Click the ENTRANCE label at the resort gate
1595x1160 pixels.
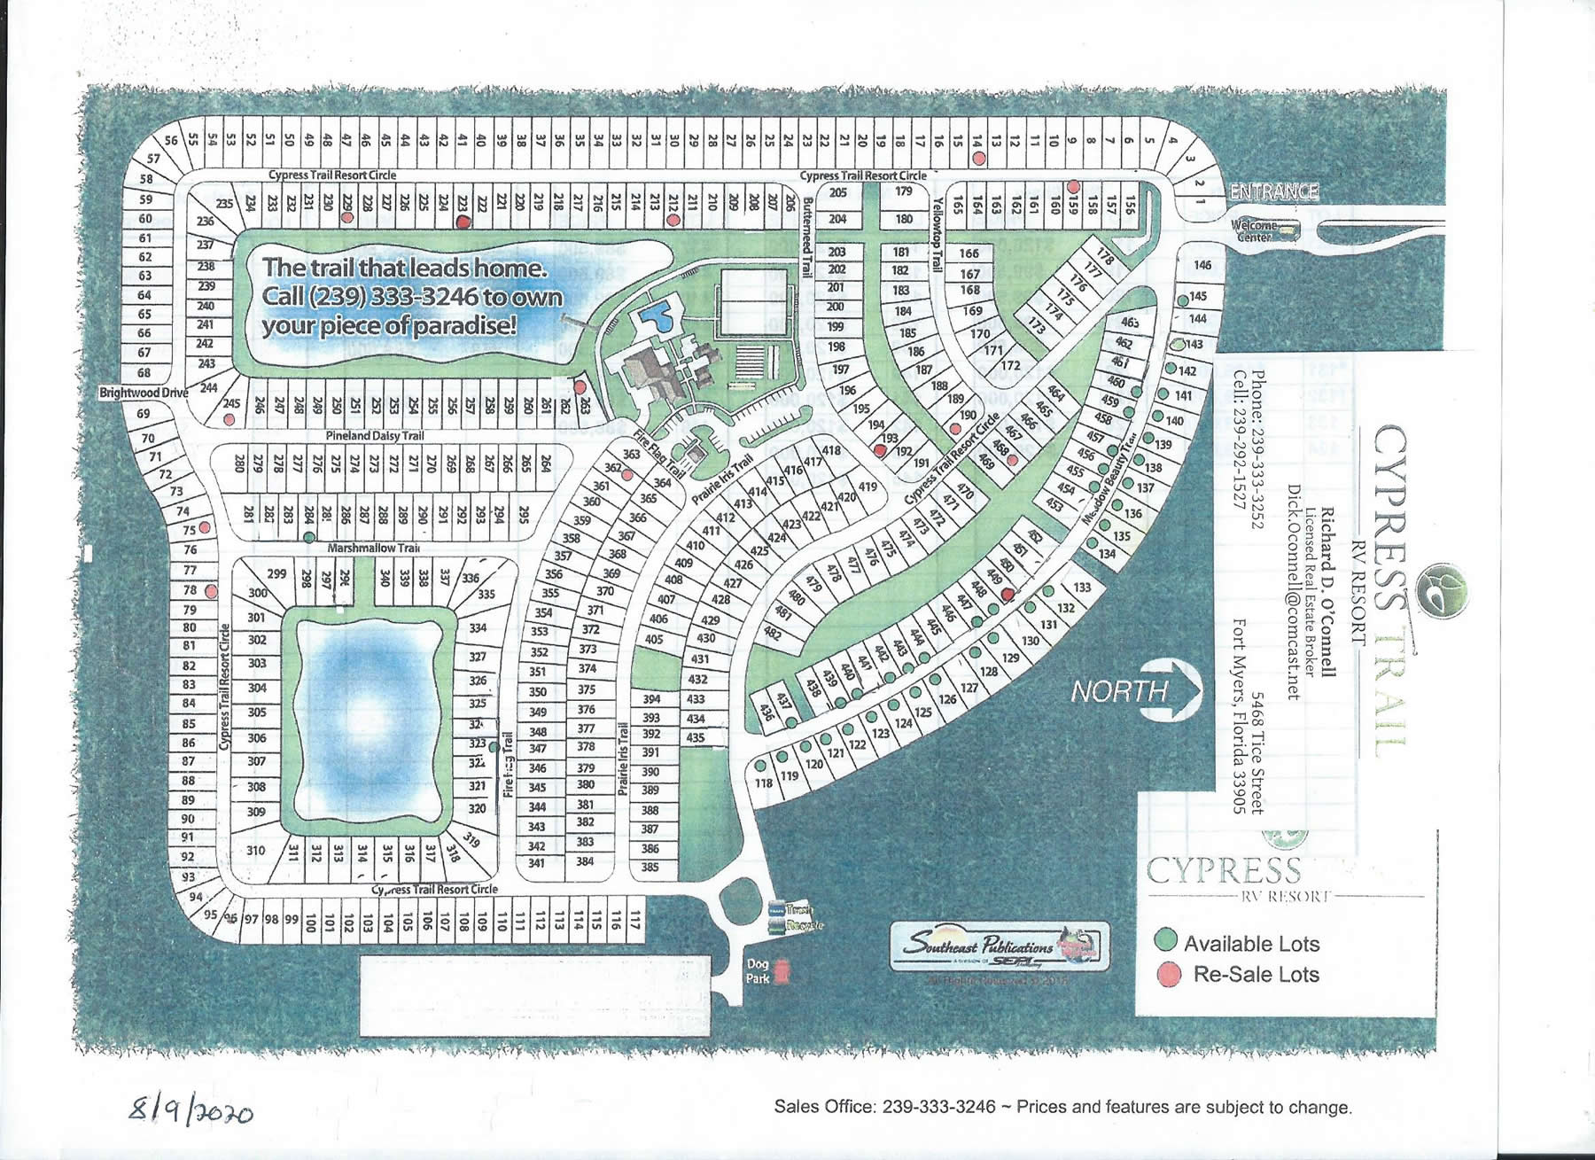[x=1274, y=191]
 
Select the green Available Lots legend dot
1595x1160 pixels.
[x=1167, y=940]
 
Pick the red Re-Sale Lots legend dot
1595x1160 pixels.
[x=1170, y=974]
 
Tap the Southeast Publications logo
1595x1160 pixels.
[x=1000, y=948]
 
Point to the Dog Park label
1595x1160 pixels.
[x=757, y=972]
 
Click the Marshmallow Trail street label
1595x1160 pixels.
[x=373, y=549]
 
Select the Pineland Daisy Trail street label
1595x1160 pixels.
[x=374, y=436]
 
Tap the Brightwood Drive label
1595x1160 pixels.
[x=142, y=392]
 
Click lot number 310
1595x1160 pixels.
[x=255, y=851]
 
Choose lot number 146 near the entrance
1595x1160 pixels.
[x=1202, y=265]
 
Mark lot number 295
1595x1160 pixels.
[x=524, y=515]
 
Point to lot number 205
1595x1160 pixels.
[x=837, y=192]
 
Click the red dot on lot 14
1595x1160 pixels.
[x=978, y=158]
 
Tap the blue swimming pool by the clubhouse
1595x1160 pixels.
[x=657, y=315]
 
